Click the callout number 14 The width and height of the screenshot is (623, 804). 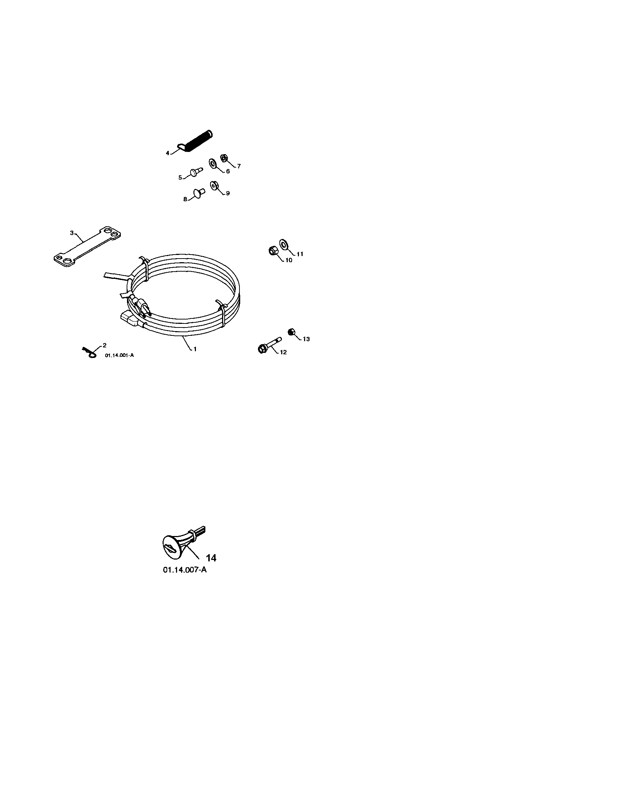point(211,558)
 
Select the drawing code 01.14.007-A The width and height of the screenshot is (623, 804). point(185,570)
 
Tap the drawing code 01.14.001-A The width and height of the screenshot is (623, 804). point(119,355)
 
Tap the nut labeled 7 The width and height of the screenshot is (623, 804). point(223,158)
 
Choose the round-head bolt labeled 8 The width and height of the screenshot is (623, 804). point(199,193)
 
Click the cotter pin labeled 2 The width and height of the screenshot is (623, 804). point(90,352)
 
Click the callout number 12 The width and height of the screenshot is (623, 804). point(283,352)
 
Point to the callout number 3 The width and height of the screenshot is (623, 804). point(72,233)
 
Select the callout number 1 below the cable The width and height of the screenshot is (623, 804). point(195,349)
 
